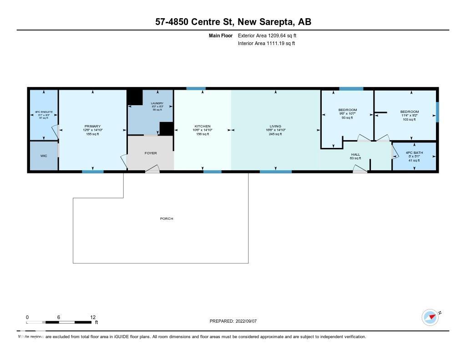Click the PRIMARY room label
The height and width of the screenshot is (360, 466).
point(92,127)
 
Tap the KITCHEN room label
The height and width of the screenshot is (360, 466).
point(203,127)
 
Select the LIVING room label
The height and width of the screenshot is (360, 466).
point(275,127)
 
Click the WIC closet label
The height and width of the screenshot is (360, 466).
point(44,156)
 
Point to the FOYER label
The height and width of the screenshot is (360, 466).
point(151,153)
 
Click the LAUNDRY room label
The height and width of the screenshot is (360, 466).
point(157,104)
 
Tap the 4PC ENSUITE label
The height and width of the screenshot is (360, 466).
point(44,112)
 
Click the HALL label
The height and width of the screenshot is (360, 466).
point(355,155)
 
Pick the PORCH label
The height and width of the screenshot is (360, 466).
point(167,219)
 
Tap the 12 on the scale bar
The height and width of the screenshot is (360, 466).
point(93,318)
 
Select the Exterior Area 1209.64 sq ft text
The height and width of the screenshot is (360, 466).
point(267,35)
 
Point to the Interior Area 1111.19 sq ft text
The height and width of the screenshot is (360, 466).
point(266,44)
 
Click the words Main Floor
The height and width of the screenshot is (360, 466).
point(221,35)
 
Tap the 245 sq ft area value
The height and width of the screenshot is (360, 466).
point(275,134)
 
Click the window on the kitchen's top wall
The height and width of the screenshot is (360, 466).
point(196,89)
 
